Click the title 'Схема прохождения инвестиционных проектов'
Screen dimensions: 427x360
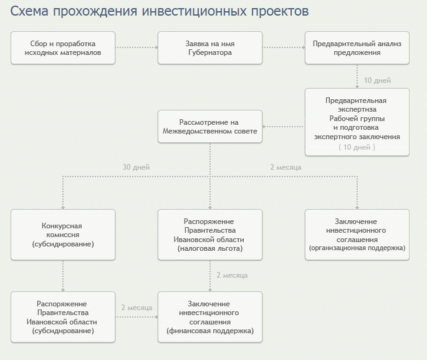(x=160, y=12)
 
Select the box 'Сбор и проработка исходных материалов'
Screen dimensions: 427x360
(x=63, y=48)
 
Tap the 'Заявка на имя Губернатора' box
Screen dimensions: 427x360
(x=210, y=48)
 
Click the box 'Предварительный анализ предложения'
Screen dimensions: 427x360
(x=357, y=48)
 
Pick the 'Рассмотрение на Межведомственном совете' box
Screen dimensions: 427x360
(x=210, y=127)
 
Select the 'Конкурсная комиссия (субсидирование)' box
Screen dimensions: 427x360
(x=63, y=235)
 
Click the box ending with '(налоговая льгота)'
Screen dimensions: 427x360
(x=210, y=235)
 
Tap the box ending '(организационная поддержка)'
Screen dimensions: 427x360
(x=357, y=235)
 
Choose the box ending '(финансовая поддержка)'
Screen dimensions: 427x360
(x=210, y=317)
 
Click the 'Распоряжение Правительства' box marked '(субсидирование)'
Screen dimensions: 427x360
(x=63, y=317)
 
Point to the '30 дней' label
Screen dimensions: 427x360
(x=136, y=167)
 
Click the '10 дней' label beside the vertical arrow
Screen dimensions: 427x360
(x=377, y=80)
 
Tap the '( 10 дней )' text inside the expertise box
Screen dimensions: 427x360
(x=357, y=147)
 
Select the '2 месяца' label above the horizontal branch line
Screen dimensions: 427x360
(x=285, y=167)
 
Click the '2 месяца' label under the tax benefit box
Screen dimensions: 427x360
(x=232, y=275)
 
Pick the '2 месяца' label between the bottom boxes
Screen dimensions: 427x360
(x=137, y=308)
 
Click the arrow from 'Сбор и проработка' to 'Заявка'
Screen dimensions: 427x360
(x=137, y=47)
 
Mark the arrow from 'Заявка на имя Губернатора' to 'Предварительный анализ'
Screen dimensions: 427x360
(x=284, y=47)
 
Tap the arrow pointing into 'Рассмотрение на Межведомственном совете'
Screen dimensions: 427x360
(x=284, y=127)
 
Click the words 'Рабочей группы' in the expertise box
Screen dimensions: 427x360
(x=357, y=119)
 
